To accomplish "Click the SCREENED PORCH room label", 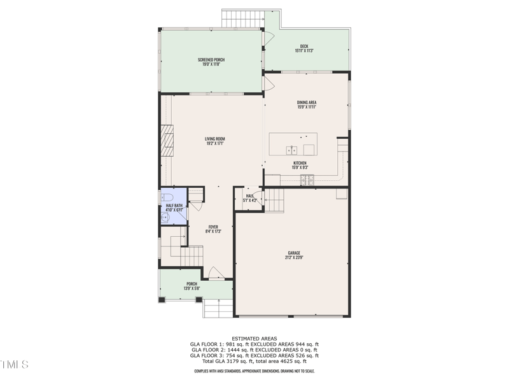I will pos(211,60).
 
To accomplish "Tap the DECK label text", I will pos(304,46).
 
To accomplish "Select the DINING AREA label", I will pos(306,103).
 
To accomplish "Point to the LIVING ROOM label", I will pos(214,139).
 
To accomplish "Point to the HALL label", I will pos(250,196).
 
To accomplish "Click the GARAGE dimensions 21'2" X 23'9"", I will pos(293,257).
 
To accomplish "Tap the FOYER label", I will pos(213,227).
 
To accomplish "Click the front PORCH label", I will pos(192,284).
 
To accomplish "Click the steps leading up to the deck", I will pos(242,18).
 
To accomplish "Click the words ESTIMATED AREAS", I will pos(254,338).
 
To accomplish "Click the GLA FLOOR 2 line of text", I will pos(254,350).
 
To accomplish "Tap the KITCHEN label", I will pos(300,164).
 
